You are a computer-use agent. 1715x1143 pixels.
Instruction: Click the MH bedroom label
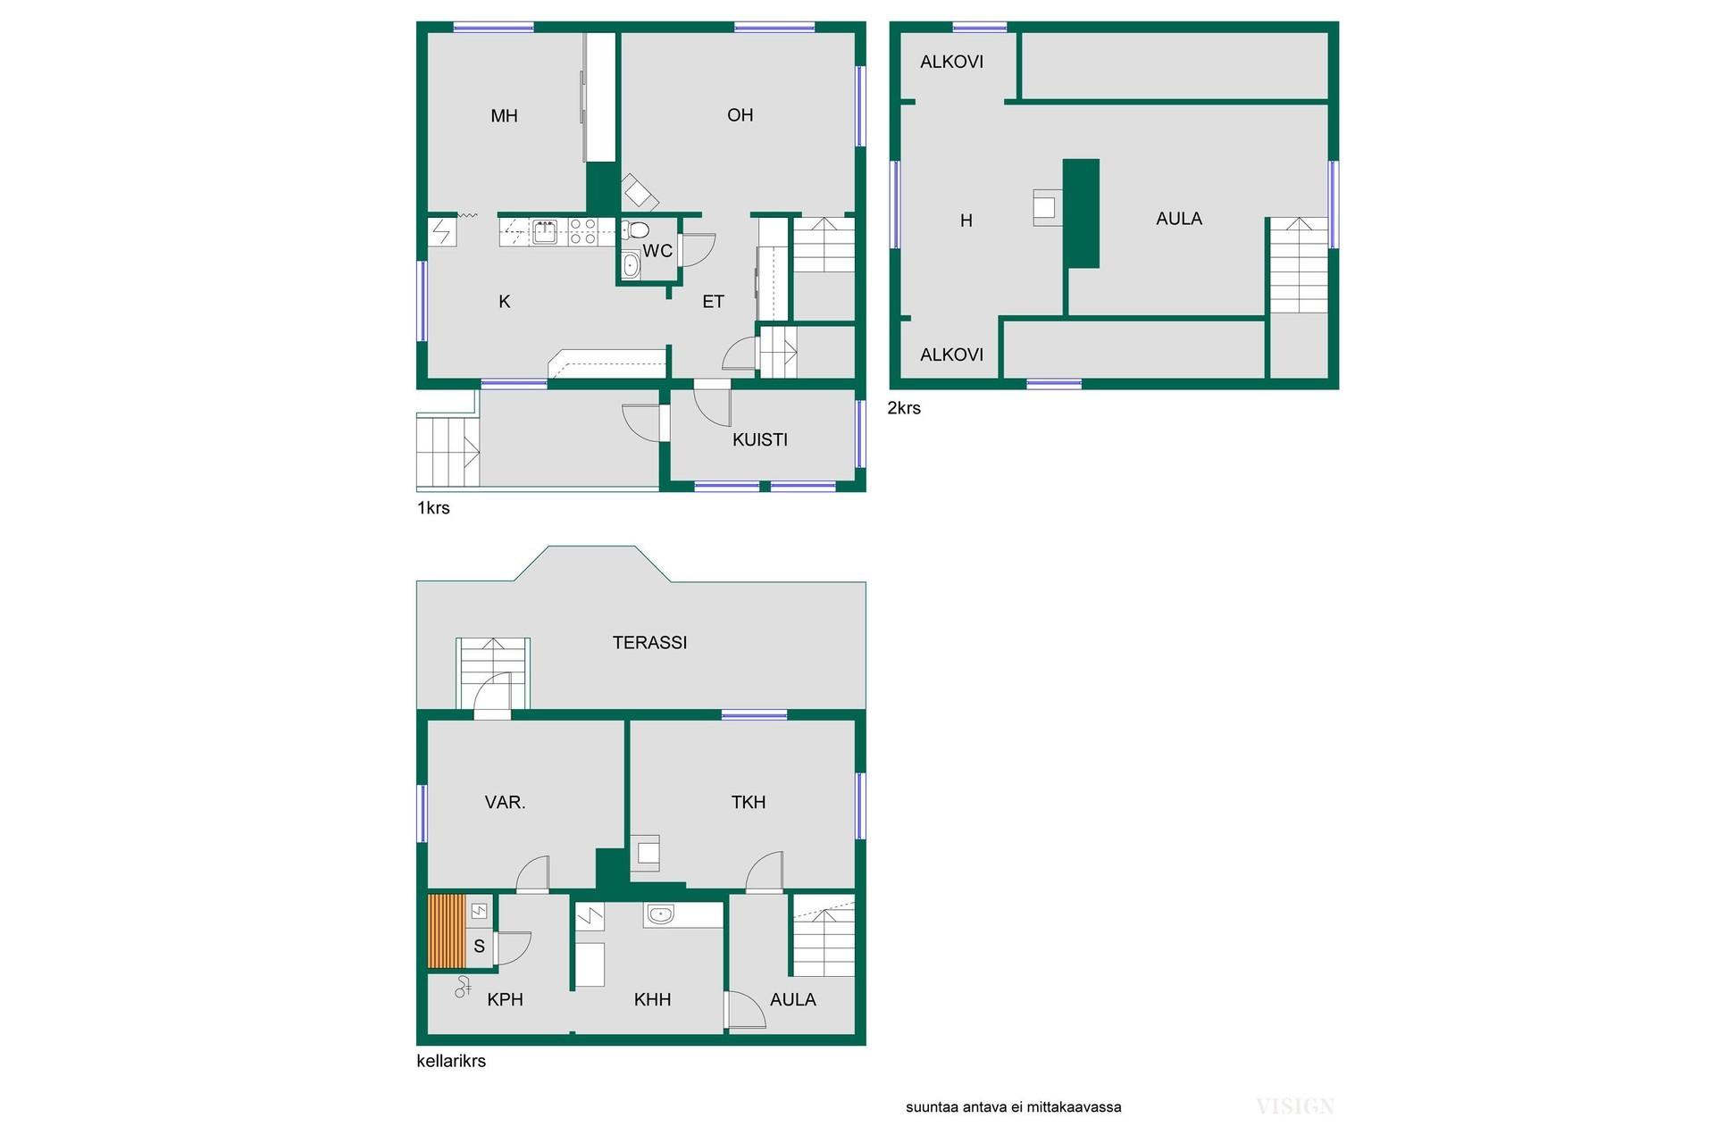pyautogui.click(x=504, y=116)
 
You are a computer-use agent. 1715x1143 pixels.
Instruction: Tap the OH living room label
pyautogui.click(x=740, y=115)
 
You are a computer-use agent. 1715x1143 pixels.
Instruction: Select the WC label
pyautogui.click(x=657, y=251)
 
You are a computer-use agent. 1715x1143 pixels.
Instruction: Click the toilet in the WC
pyautogui.click(x=635, y=229)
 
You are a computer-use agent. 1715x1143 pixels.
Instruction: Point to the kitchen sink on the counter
pyautogui.click(x=544, y=232)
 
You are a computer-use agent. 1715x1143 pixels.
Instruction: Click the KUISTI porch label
pyautogui.click(x=760, y=439)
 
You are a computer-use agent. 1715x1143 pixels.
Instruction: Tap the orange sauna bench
pyautogui.click(x=447, y=931)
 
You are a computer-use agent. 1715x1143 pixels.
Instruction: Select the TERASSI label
pyautogui.click(x=649, y=642)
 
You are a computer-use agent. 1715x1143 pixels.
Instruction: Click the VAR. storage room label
pyautogui.click(x=505, y=803)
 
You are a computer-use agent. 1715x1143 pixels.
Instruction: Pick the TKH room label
pyautogui.click(x=749, y=803)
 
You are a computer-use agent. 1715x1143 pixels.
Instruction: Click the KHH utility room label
pyautogui.click(x=652, y=1000)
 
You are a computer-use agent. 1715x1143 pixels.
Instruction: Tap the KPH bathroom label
pyautogui.click(x=505, y=1000)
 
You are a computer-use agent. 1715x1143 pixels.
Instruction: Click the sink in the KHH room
pyautogui.click(x=660, y=914)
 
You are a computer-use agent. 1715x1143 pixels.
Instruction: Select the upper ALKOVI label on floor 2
pyautogui.click(x=951, y=62)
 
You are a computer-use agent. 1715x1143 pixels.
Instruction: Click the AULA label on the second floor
pyautogui.click(x=1179, y=219)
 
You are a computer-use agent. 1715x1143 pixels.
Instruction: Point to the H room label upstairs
pyautogui.click(x=966, y=221)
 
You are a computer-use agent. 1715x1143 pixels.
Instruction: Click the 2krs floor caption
pyautogui.click(x=904, y=408)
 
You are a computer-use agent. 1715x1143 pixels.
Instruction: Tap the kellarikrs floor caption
pyautogui.click(x=451, y=1061)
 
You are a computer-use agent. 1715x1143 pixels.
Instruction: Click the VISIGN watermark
pyautogui.click(x=1295, y=1107)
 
